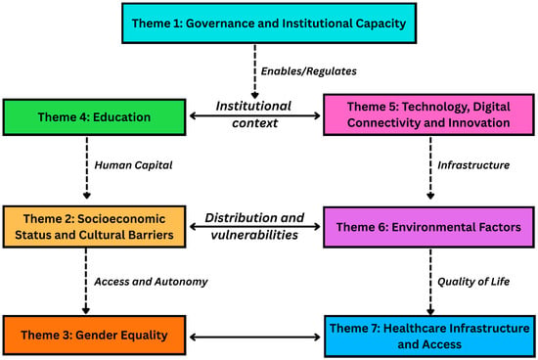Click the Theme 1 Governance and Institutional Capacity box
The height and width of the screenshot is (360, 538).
click(269, 23)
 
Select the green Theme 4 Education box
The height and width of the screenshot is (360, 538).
click(94, 117)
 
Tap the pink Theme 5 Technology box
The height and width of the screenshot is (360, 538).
click(428, 114)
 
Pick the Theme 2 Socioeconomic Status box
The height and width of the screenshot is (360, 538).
click(94, 227)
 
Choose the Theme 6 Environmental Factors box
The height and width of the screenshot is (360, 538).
click(428, 227)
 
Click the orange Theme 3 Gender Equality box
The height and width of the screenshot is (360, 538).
click(94, 335)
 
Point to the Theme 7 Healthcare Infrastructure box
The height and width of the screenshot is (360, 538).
click(429, 336)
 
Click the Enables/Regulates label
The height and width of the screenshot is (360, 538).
click(309, 71)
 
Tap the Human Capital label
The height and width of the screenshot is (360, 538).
click(133, 165)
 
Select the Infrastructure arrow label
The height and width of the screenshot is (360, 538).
click(473, 165)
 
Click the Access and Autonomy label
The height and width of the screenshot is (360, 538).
click(151, 282)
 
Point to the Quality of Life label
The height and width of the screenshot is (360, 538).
click(473, 282)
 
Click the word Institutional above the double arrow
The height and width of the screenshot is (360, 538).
click(253, 106)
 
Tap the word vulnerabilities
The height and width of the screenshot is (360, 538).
click(254, 235)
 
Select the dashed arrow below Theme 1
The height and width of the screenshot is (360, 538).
click(254, 71)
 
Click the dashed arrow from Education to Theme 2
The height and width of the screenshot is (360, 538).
click(87, 167)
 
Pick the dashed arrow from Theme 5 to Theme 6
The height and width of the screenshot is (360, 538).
click(430, 168)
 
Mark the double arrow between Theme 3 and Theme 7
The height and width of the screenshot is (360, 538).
click(255, 337)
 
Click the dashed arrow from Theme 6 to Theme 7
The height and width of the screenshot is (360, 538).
click(430, 282)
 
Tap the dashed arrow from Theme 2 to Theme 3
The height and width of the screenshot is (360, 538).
click(86, 281)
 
